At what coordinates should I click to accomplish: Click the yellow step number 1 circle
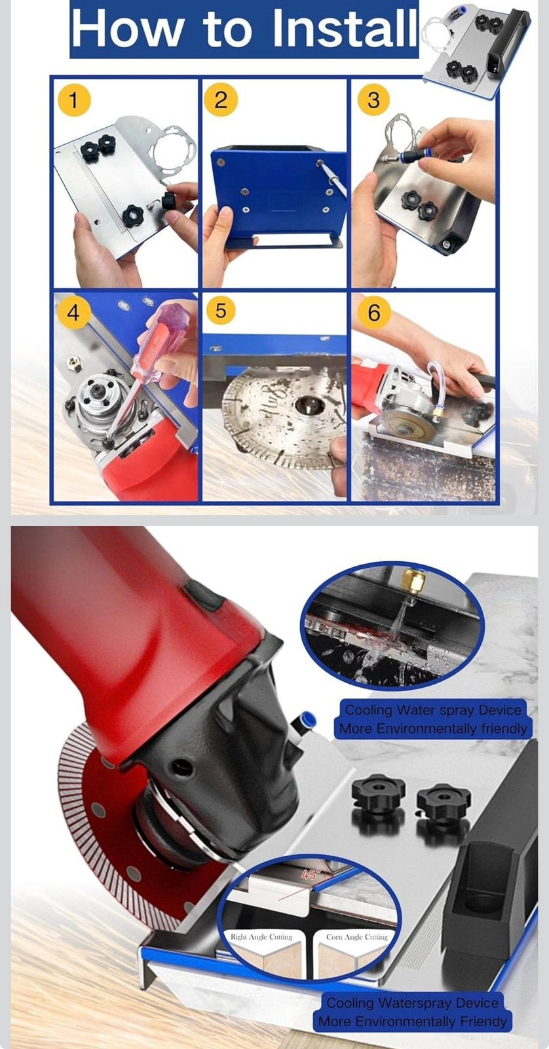[74, 100]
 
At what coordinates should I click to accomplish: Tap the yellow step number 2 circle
[221, 100]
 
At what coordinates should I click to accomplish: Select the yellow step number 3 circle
[373, 100]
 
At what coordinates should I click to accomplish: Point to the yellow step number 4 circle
[73, 311]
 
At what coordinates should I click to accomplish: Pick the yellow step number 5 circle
[221, 311]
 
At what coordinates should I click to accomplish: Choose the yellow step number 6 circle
[373, 311]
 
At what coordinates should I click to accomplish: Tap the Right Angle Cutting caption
[261, 937]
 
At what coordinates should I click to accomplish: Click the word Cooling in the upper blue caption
[368, 710]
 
